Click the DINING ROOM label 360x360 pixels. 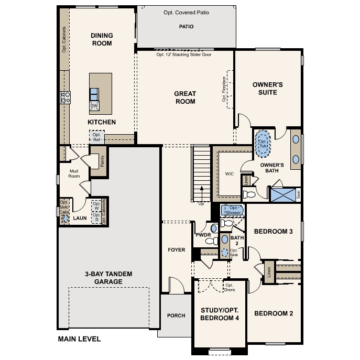click(102, 39)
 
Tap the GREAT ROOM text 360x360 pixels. click(185, 97)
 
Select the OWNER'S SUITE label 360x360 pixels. click(268, 88)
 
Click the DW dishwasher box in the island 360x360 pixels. click(94, 106)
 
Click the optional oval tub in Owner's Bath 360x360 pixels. click(263, 144)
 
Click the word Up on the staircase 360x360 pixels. click(201, 203)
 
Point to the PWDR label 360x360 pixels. click(203, 236)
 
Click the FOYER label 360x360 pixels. click(177, 250)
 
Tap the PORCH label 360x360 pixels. click(176, 315)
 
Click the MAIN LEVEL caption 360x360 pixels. click(79, 339)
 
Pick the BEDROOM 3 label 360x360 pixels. click(273, 231)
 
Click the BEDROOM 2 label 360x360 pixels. click(273, 313)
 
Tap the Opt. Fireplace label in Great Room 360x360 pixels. click(224, 89)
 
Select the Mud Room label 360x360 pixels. click(74, 173)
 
